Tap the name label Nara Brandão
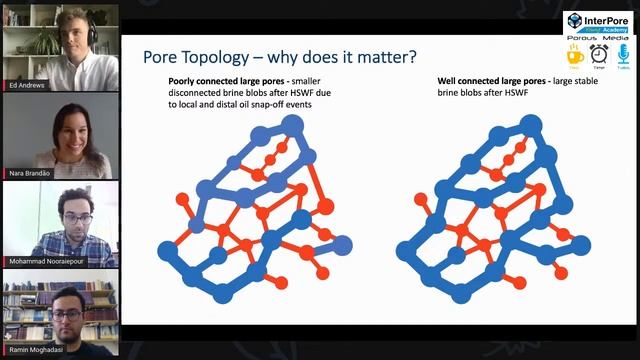[x=29, y=172]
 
